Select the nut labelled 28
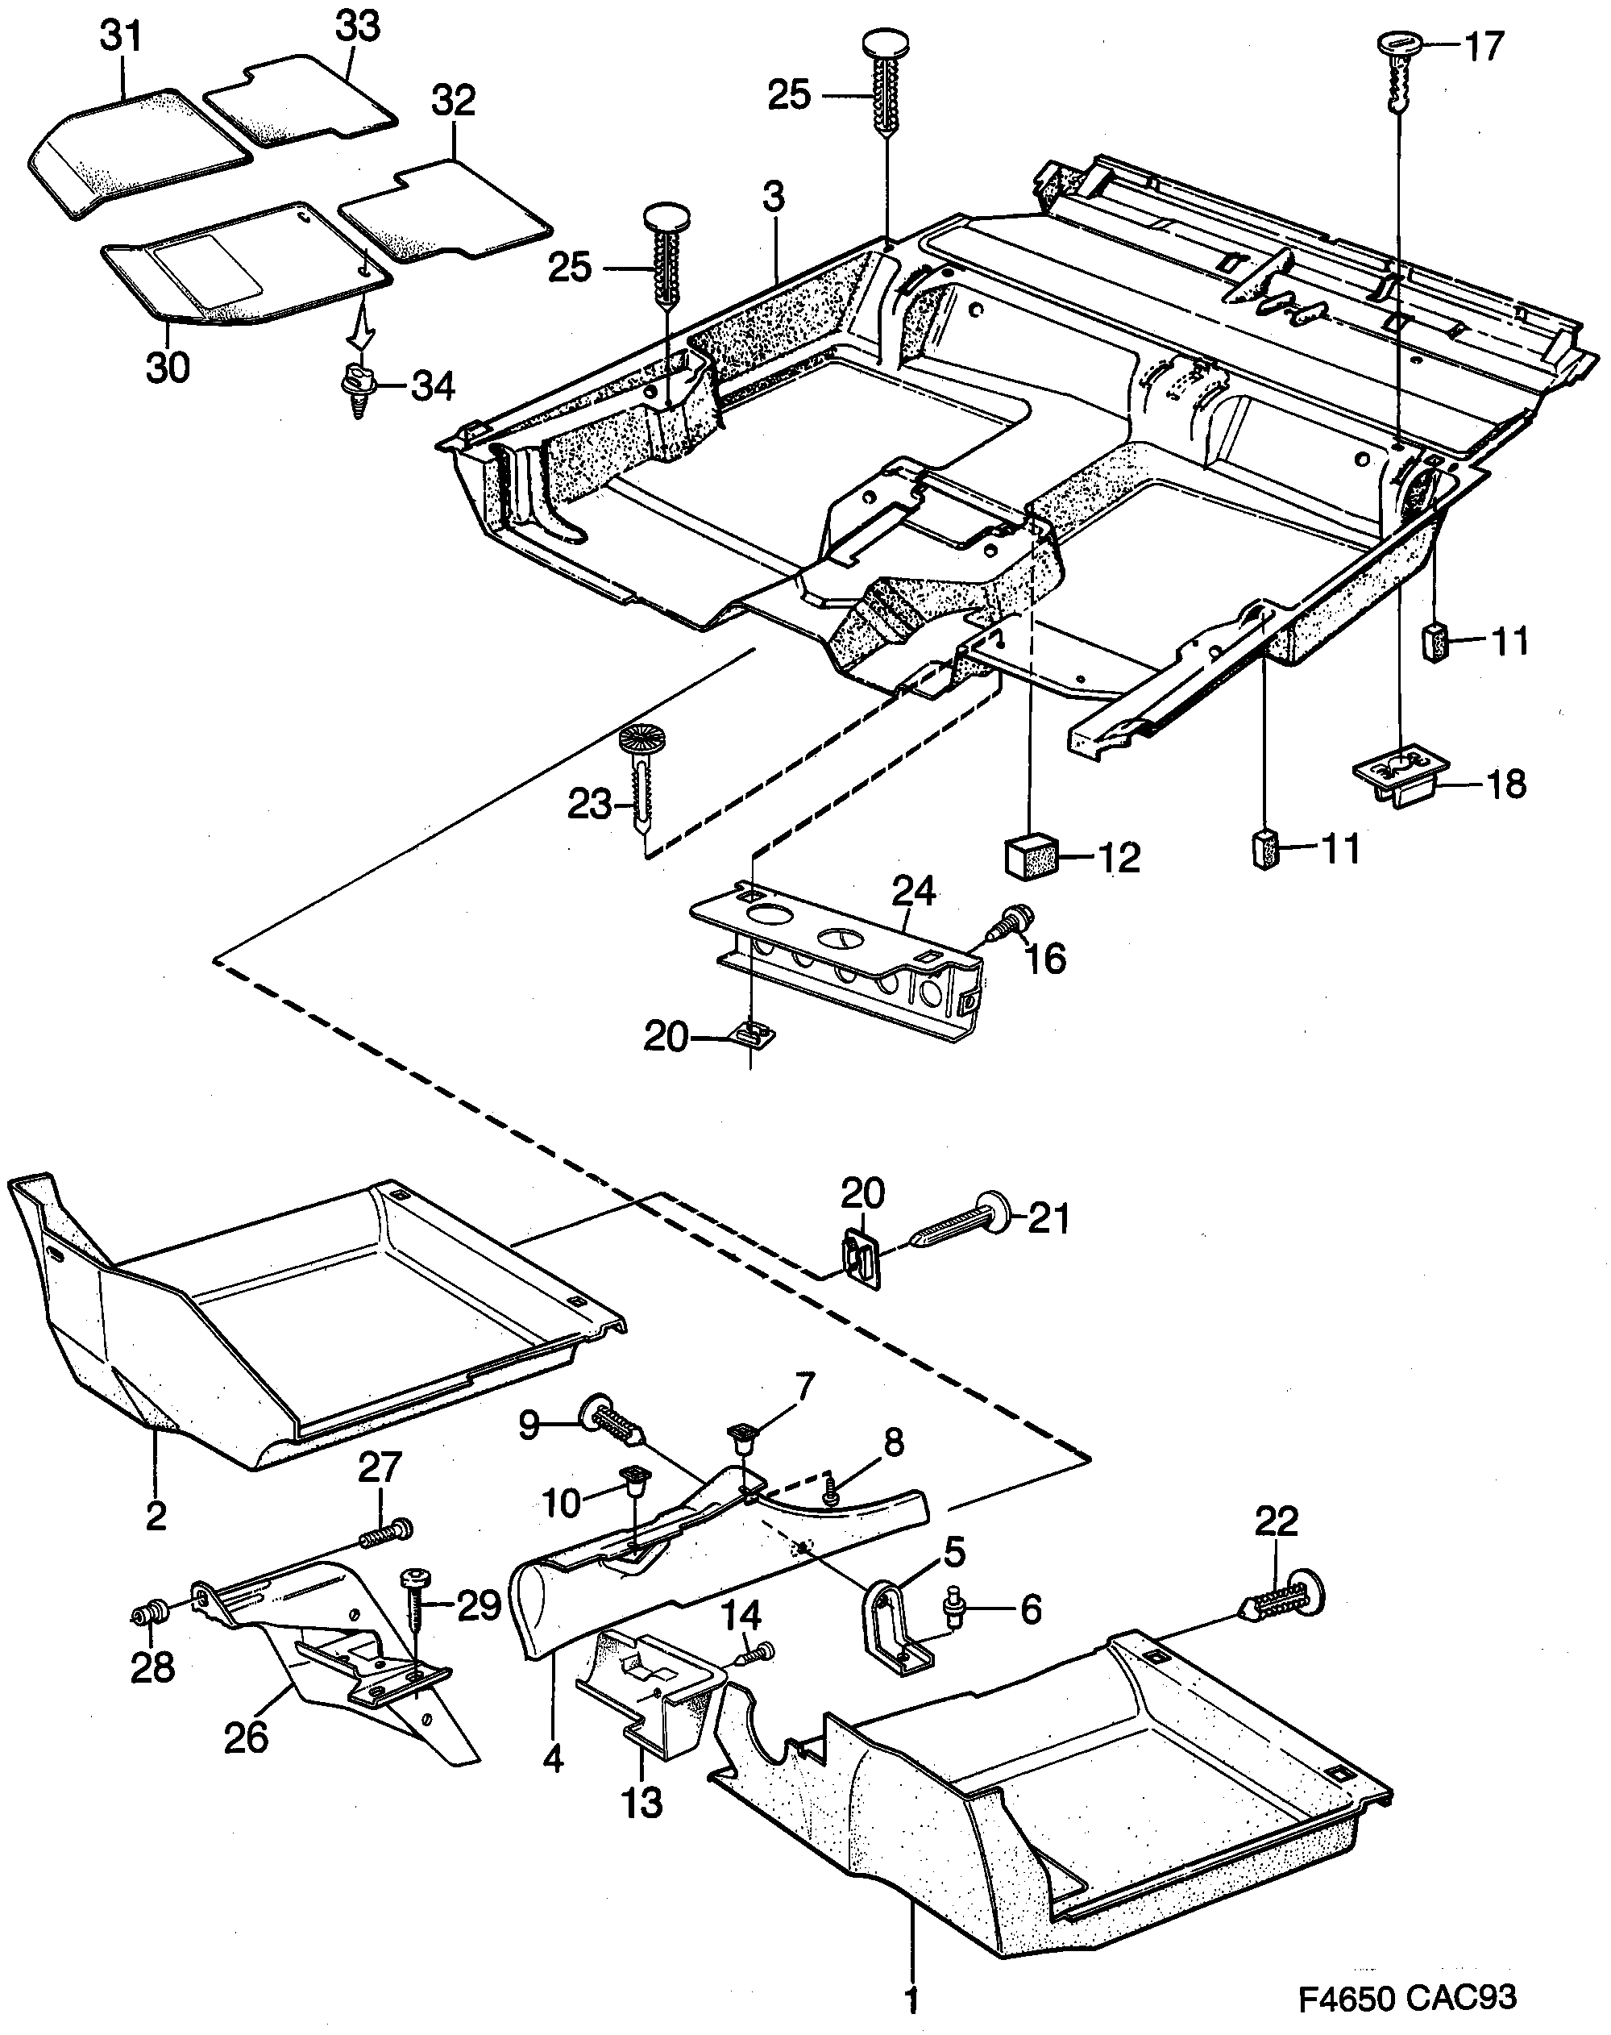pos(148,1616)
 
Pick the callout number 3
pos(773,198)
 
